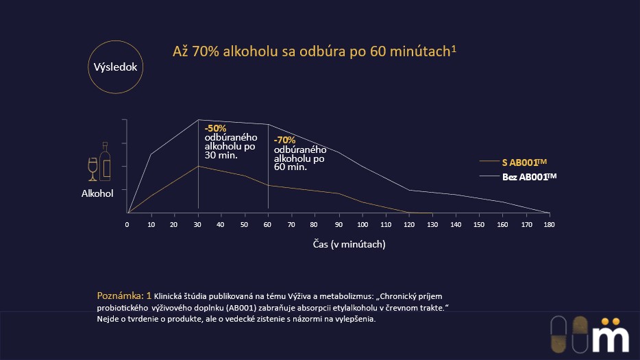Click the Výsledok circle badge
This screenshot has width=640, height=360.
click(116, 67)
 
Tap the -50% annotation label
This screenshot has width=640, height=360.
click(215, 128)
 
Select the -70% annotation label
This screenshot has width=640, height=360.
click(284, 140)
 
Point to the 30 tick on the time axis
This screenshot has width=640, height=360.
click(197, 224)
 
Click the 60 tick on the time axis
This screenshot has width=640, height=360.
click(268, 224)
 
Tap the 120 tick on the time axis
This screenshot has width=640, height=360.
click(408, 224)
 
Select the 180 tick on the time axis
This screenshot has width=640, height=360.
click(548, 224)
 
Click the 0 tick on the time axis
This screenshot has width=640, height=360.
click(127, 224)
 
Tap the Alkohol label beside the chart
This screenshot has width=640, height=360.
click(97, 194)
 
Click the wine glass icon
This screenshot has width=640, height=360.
click(93, 168)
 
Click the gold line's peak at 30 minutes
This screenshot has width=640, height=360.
click(198, 166)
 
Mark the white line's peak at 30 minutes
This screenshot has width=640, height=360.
click(198, 120)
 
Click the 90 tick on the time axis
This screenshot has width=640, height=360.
click(338, 224)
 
